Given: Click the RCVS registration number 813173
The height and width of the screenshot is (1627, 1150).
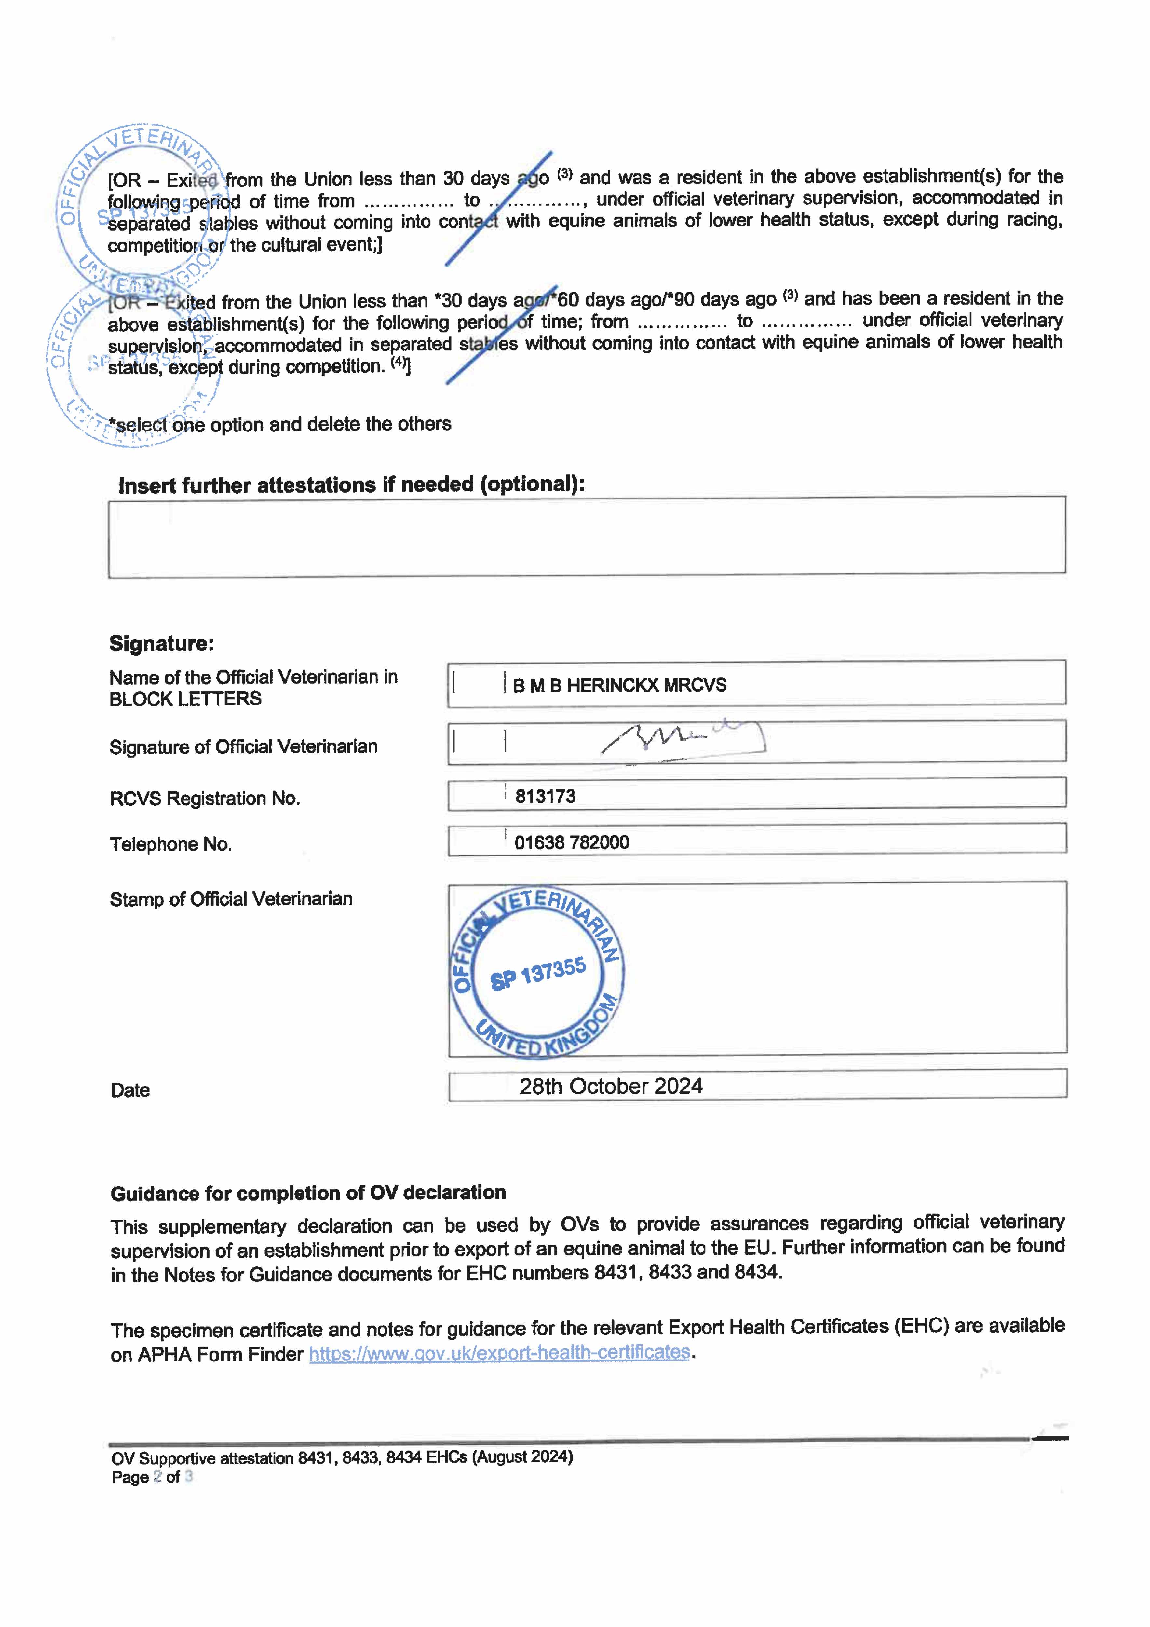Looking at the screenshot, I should tap(545, 797).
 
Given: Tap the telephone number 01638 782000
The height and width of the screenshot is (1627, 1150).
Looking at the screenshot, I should tap(571, 842).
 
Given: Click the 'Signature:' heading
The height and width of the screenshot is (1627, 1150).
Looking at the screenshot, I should tap(162, 643).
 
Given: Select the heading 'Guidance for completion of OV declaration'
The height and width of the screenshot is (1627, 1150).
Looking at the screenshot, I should tap(308, 1193).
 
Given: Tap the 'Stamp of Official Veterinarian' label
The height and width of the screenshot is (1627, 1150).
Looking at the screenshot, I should tap(231, 899).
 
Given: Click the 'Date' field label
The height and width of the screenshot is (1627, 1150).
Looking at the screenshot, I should tap(130, 1090).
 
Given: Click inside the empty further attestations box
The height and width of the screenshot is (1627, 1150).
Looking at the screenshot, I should tap(587, 537).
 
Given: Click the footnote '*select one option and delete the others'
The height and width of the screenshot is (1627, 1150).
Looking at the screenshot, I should tap(280, 424).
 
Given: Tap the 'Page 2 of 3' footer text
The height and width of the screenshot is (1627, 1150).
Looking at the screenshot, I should tap(152, 1477).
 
